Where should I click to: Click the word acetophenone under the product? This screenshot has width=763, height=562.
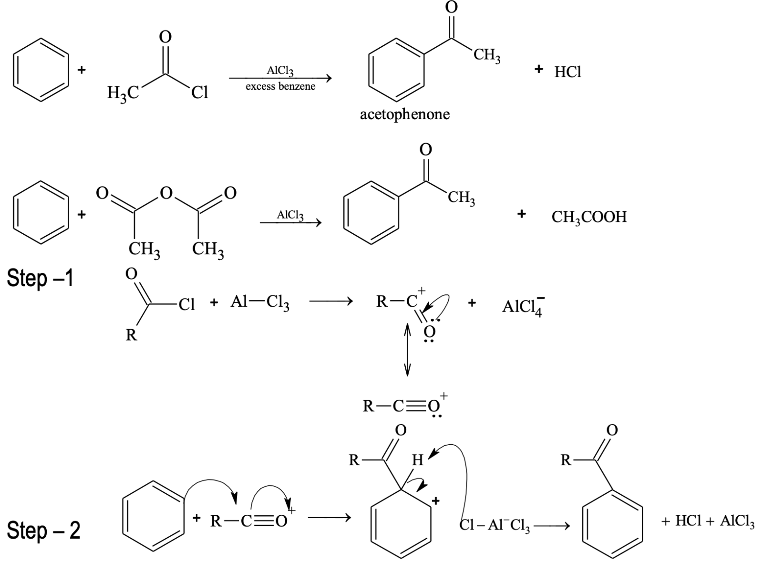[404, 114]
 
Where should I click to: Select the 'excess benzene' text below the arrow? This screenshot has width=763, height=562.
[280, 87]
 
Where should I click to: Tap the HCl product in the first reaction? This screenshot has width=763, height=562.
[567, 72]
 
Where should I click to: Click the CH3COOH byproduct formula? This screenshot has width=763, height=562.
[589, 217]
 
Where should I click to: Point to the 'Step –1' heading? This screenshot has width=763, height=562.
[41, 278]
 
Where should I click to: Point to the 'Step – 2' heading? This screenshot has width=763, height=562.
[43, 530]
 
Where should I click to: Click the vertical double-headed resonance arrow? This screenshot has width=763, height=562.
[407, 349]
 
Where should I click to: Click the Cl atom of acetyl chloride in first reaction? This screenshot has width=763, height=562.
[199, 93]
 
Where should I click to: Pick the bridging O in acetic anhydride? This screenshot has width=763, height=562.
[166, 193]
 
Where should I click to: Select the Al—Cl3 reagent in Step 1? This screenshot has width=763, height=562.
[260, 302]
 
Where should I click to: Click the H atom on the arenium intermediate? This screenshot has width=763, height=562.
[417, 460]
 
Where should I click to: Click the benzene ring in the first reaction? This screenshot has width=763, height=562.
[41, 70]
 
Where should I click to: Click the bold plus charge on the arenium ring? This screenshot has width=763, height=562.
[435, 500]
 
